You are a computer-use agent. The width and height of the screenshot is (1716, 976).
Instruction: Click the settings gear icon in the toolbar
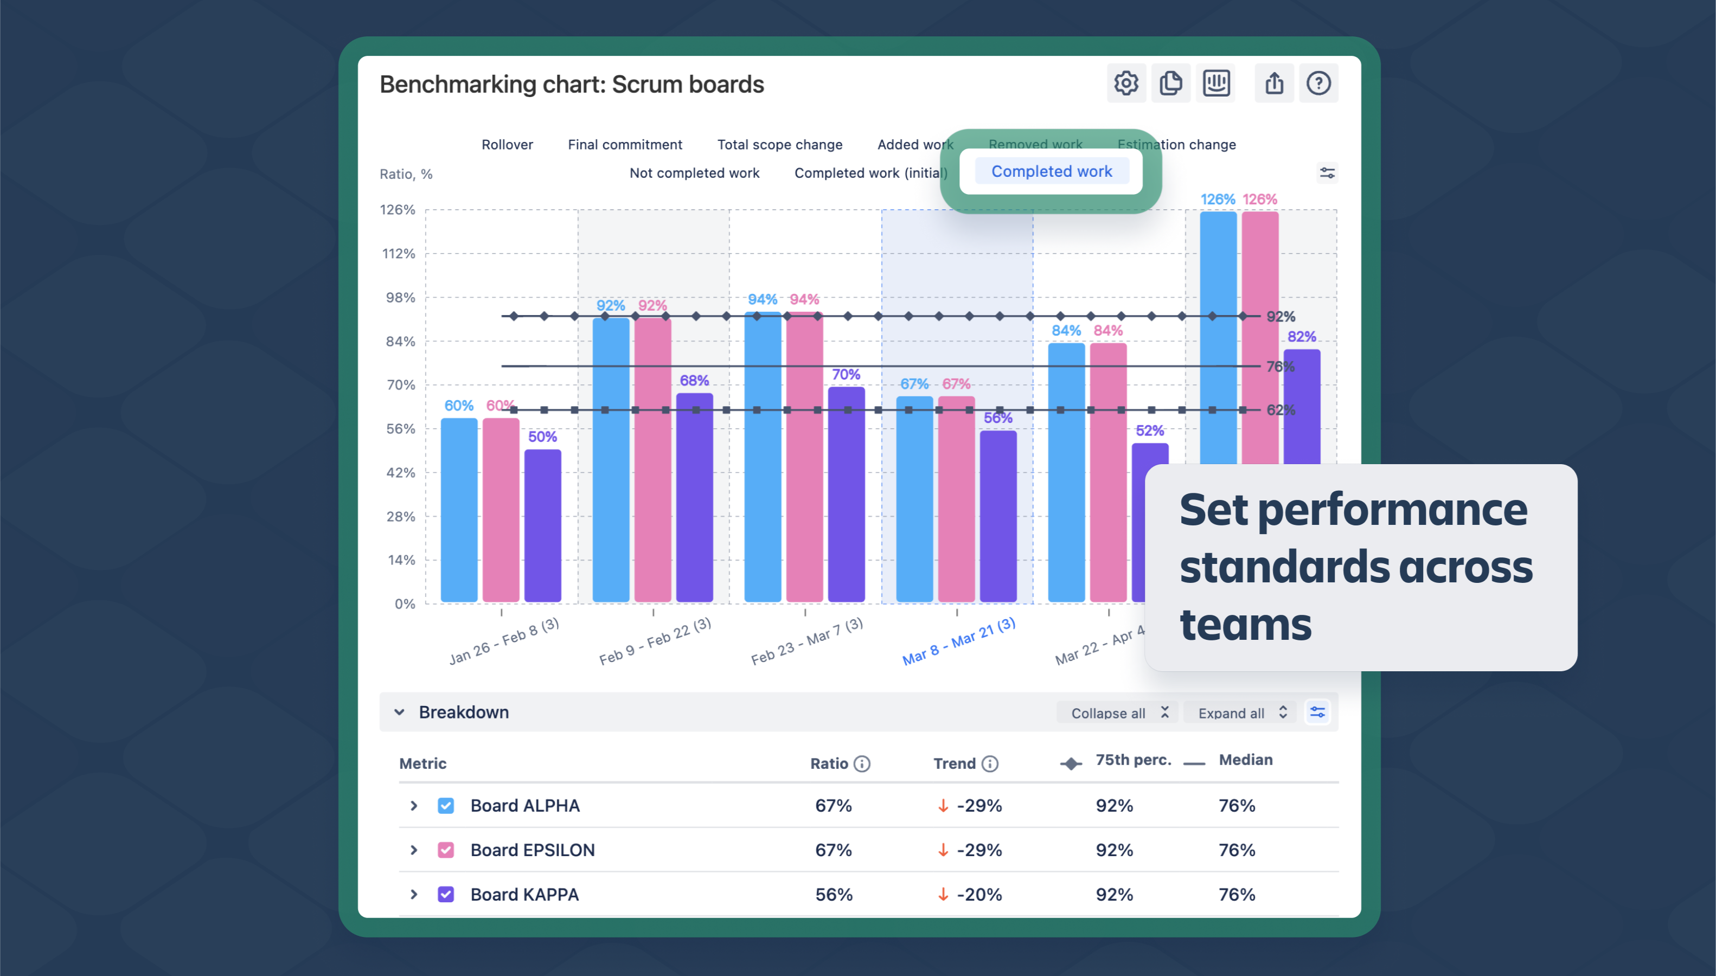click(1126, 83)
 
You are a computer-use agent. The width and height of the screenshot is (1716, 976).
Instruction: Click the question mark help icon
click(1318, 83)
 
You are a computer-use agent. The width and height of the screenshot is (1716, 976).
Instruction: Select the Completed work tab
click(1051, 171)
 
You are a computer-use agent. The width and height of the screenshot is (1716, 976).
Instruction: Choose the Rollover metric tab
click(507, 145)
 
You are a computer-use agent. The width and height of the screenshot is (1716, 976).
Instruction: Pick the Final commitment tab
click(625, 145)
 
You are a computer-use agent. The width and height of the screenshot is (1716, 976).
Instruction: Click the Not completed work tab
click(694, 173)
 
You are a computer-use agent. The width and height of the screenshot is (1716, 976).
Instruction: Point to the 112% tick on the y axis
click(399, 253)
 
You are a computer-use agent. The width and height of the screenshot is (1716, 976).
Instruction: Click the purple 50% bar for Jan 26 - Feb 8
click(542, 526)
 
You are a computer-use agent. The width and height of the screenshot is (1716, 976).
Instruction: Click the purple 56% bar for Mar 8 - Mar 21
click(998, 516)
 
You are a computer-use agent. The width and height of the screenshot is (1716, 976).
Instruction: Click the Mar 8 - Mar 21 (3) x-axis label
click(958, 641)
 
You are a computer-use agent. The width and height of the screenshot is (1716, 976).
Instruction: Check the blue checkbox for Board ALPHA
click(446, 806)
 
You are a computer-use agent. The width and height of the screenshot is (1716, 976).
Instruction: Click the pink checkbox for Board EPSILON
click(446, 850)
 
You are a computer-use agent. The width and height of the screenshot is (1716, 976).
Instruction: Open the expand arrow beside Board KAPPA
click(414, 894)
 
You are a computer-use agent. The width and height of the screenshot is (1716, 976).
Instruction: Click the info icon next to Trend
click(989, 763)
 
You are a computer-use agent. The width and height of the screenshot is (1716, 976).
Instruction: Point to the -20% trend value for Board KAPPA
click(978, 894)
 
